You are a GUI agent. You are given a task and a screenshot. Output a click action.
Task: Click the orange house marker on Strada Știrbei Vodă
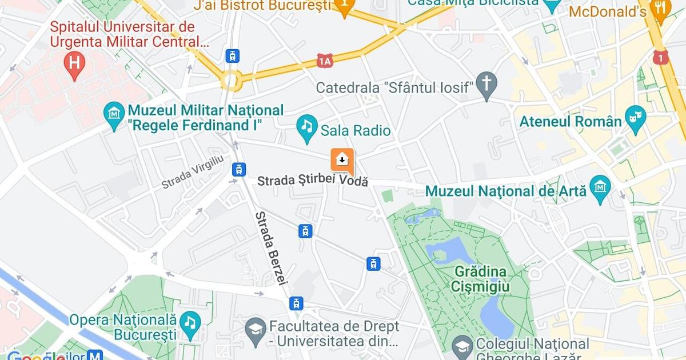coord(342,161)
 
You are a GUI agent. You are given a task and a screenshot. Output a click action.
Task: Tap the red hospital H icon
coord(74,61)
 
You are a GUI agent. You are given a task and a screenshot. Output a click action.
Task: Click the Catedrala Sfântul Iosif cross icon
coord(486,83)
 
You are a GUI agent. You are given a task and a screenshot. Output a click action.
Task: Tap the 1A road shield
coord(325,61)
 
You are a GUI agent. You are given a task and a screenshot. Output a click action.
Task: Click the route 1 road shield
coord(661,57)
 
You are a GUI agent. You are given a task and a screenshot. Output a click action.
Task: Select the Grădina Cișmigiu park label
coord(481,278)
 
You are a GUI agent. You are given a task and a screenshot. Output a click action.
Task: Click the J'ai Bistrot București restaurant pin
coord(345,6)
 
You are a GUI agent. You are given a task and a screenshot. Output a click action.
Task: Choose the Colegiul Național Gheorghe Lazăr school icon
coord(462,345)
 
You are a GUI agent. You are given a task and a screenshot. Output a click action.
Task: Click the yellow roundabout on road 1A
coord(232,81)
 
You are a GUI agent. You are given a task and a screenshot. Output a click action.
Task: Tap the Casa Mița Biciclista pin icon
coord(552,5)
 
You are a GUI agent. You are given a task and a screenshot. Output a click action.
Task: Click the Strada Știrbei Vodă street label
coord(312,181)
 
